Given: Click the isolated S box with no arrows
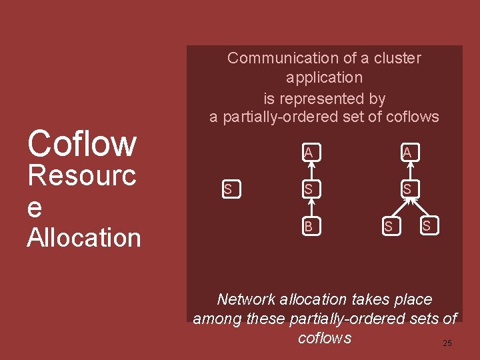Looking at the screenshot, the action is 228,189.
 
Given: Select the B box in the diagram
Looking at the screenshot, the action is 309,227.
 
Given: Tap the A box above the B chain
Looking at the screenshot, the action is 309,153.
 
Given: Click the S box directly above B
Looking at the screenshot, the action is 309,189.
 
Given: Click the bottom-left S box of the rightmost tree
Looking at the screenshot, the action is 388,227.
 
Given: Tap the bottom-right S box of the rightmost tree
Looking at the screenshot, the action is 427,227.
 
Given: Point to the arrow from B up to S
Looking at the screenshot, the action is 309,208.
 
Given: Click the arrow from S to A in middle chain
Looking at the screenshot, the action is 309,171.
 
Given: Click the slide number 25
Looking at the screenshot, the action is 447,343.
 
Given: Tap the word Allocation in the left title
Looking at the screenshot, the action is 84,238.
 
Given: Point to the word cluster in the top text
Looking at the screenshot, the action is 396,58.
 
